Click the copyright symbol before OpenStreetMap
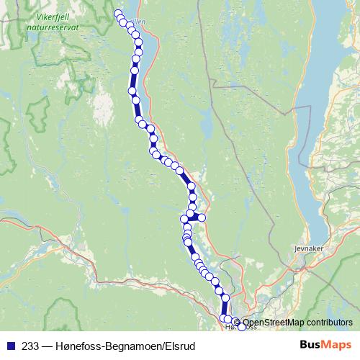[x=237, y=323]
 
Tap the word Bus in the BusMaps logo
[x=310, y=346]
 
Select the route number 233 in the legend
[x=31, y=346]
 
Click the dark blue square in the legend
[x=10, y=346]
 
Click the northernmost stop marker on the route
[x=119, y=14]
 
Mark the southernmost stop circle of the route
[x=241, y=328]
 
